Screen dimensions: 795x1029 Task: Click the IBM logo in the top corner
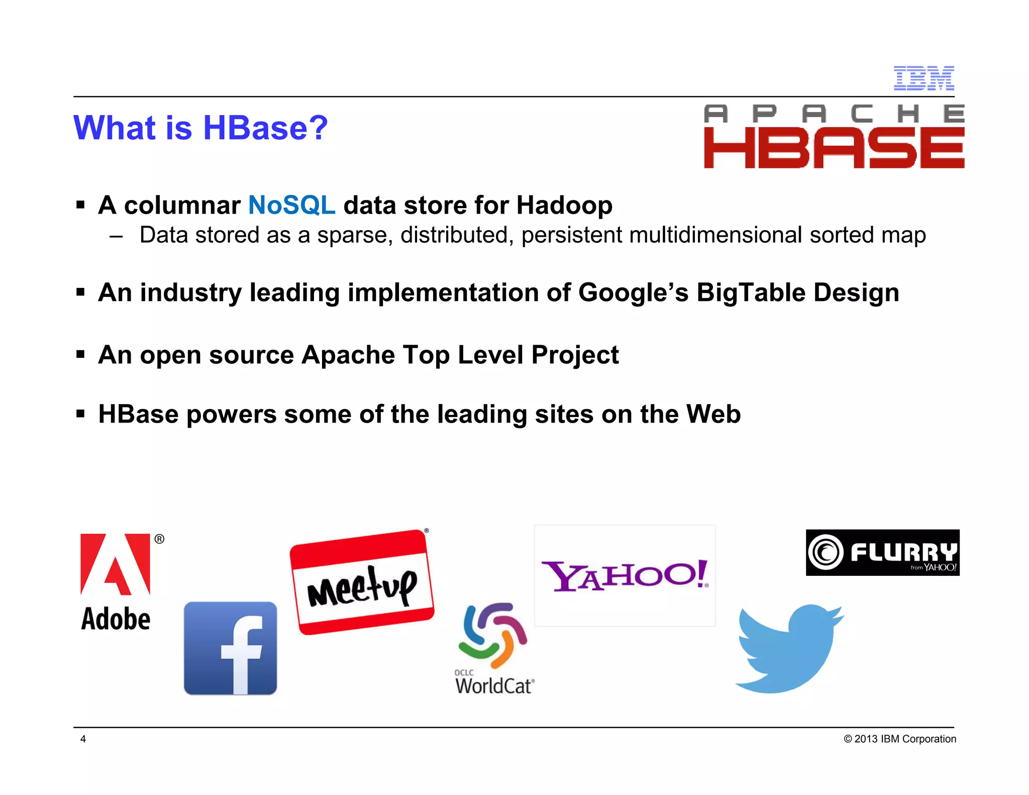(923, 78)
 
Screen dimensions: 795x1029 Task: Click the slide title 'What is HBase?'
(200, 128)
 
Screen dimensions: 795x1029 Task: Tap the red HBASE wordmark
(834, 148)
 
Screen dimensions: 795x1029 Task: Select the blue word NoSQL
(291, 205)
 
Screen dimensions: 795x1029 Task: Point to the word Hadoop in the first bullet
(564, 205)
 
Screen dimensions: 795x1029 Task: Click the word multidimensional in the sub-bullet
(715, 235)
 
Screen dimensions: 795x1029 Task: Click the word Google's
(633, 292)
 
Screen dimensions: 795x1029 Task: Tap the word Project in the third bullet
(575, 355)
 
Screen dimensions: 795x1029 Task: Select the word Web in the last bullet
(713, 414)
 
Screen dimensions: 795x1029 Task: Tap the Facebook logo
(230, 648)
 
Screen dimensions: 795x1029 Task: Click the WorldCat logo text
(494, 685)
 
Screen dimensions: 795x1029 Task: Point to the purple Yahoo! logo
(625, 575)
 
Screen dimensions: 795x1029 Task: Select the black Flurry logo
(882, 552)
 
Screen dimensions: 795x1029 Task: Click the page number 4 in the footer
(83, 739)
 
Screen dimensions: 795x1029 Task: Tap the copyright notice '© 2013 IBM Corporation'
(900, 739)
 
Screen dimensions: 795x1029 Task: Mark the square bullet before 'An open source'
(80, 355)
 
